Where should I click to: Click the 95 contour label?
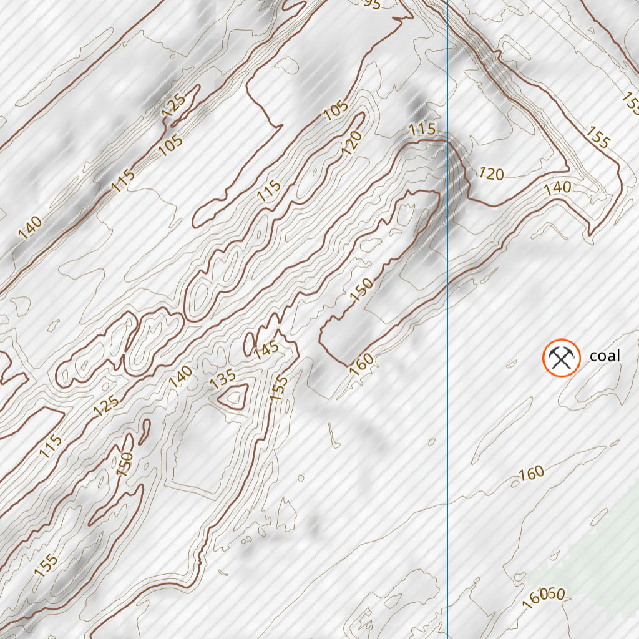[x=371, y=4]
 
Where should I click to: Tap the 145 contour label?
[x=266, y=349]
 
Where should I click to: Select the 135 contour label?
[x=223, y=379]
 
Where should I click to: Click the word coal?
[x=605, y=356]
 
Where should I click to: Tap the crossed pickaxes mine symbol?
[x=561, y=358]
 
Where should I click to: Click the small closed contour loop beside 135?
[x=235, y=397]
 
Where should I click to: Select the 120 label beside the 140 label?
[x=490, y=173]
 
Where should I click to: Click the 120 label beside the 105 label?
[x=351, y=144]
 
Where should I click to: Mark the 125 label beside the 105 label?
[x=173, y=105]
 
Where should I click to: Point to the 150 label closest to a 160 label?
[x=361, y=291]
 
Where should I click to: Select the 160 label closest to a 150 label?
[x=362, y=363]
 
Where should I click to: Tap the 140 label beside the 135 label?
[x=180, y=378]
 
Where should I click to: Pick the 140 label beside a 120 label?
[x=557, y=187]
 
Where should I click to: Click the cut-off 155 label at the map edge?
[x=631, y=104]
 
